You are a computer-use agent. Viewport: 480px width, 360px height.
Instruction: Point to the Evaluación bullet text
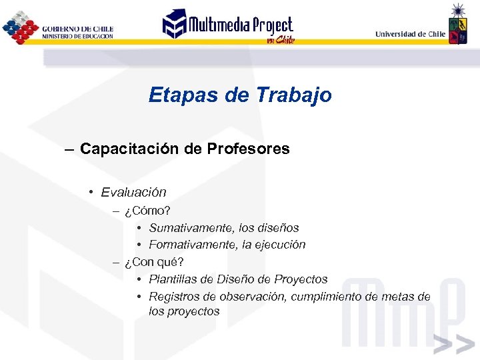pos(133,193)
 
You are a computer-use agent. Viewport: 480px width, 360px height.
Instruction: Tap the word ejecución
pos(279,245)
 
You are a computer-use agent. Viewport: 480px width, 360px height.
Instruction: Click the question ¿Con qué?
pos(154,262)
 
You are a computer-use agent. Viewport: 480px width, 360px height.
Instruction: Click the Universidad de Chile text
pos(410,34)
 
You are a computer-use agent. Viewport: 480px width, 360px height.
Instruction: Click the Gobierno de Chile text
pos(77,29)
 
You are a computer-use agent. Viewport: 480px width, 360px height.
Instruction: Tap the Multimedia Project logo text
pos(241,26)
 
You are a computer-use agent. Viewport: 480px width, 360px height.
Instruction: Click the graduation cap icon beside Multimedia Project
pos(175,24)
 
